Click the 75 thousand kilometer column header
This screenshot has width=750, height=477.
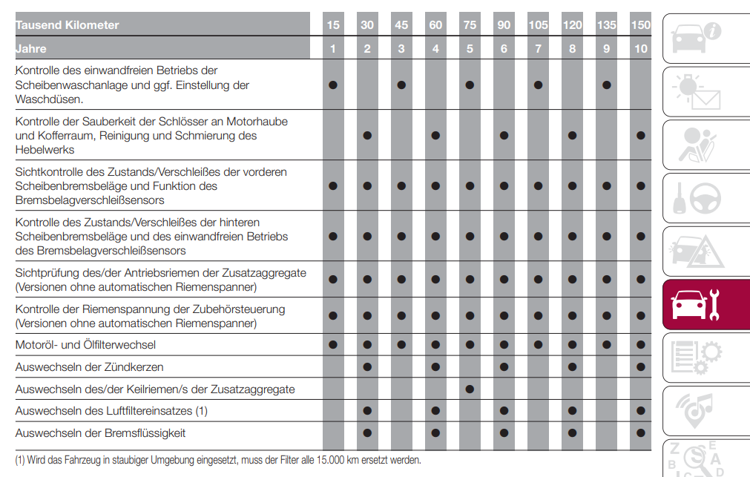coord(470,25)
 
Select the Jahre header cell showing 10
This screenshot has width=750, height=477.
coord(641,49)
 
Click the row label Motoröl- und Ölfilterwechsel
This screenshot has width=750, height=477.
coord(86,345)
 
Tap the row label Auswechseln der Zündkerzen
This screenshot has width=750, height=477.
coord(90,367)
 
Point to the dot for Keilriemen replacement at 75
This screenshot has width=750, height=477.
coord(470,389)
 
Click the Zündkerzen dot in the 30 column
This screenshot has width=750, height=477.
coord(367,367)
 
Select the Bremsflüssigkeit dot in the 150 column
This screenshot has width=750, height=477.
coord(641,432)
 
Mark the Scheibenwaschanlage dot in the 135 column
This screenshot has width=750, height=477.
coord(607,85)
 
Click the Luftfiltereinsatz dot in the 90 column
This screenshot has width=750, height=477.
coord(504,410)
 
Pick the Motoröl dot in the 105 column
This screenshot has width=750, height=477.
coord(538,345)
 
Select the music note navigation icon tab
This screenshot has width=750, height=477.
coord(705,410)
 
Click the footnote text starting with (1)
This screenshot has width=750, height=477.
coord(218,460)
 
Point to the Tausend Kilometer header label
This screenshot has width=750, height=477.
coord(68,25)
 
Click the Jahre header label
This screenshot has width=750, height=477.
coord(31,49)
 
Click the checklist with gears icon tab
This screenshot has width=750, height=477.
coord(705,358)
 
